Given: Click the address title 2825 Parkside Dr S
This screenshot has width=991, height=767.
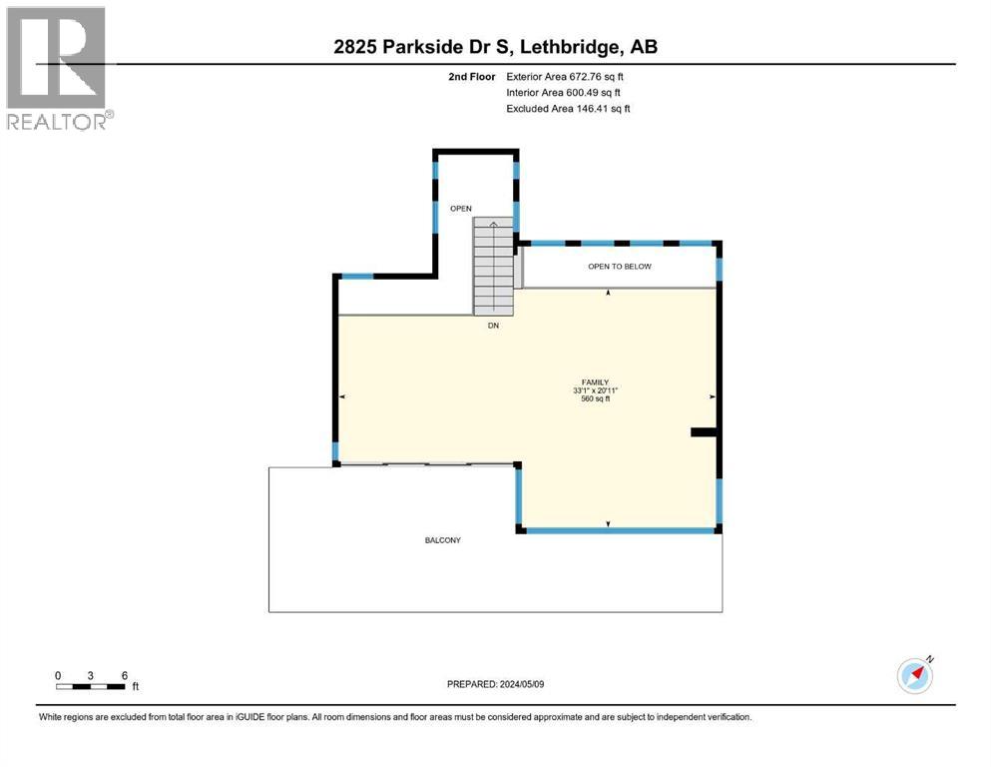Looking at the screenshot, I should pyautogui.click(x=495, y=46).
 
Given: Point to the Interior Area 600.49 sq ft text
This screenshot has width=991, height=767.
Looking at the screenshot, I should pyautogui.click(x=565, y=92).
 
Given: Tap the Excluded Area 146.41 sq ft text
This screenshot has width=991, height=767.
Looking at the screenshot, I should pyautogui.click(x=568, y=108).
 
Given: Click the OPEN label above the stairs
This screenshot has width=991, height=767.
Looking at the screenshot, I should pyautogui.click(x=460, y=209).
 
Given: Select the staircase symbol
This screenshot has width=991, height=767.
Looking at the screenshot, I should pyautogui.click(x=493, y=265).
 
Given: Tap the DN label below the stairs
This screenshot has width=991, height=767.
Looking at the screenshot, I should pyautogui.click(x=493, y=326).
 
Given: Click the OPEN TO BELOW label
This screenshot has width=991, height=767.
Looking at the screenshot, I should pyautogui.click(x=619, y=267).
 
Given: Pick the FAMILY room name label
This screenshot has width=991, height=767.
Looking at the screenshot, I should pyautogui.click(x=597, y=383).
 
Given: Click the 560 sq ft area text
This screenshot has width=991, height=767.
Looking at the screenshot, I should pyautogui.click(x=596, y=398).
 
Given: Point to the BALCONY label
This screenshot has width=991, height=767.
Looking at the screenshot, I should pyautogui.click(x=442, y=540).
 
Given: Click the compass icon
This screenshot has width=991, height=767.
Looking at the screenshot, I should pyautogui.click(x=915, y=676).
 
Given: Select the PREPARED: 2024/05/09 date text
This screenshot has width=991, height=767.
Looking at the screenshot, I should pyautogui.click(x=495, y=684).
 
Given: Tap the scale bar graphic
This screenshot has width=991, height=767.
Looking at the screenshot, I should pyautogui.click(x=91, y=686).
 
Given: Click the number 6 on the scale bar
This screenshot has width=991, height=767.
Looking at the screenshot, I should pyautogui.click(x=124, y=675).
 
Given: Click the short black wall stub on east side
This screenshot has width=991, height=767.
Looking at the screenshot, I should pyautogui.click(x=704, y=432).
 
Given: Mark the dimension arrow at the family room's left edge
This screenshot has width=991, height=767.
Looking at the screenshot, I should pyautogui.click(x=343, y=397).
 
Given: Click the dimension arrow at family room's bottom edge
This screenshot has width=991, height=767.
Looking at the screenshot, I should pyautogui.click(x=608, y=523).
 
